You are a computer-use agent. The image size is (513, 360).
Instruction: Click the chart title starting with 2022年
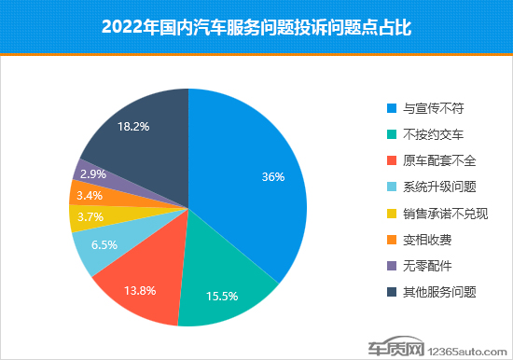(256, 28)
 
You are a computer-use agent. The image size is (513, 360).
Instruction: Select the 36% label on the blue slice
(273, 177)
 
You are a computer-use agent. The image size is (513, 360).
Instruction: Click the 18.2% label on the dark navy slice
(133, 125)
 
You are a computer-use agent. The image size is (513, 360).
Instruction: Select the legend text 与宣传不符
(432, 105)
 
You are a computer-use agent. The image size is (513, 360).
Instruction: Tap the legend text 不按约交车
(432, 132)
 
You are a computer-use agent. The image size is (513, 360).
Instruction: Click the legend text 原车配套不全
(437, 159)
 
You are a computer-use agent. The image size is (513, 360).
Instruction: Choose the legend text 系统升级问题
(437, 187)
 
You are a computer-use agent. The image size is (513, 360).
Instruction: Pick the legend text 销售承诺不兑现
(443, 213)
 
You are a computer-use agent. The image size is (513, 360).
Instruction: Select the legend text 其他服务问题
(437, 292)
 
